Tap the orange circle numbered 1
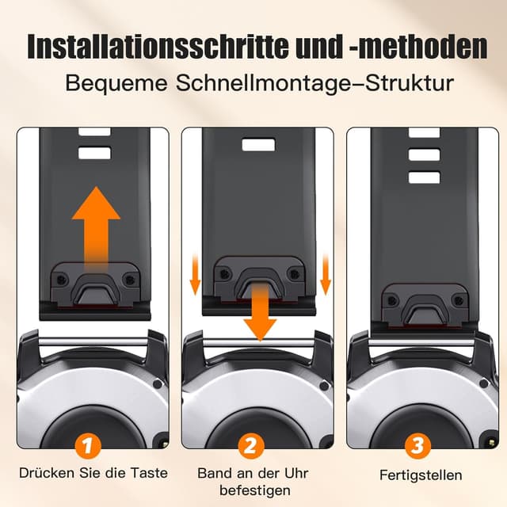(91, 446)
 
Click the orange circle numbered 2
(252, 446)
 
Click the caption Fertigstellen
(420, 475)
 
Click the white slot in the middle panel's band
(257, 145)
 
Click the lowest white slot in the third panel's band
(424, 177)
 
